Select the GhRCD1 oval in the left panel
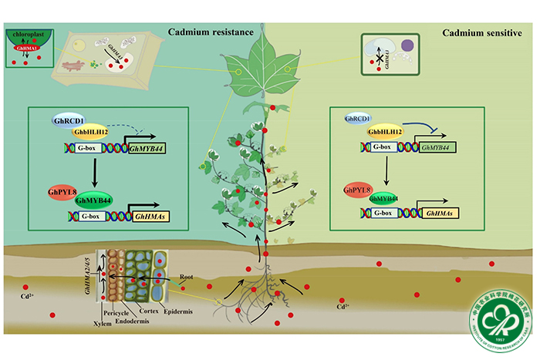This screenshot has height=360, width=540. coord(67,121)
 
